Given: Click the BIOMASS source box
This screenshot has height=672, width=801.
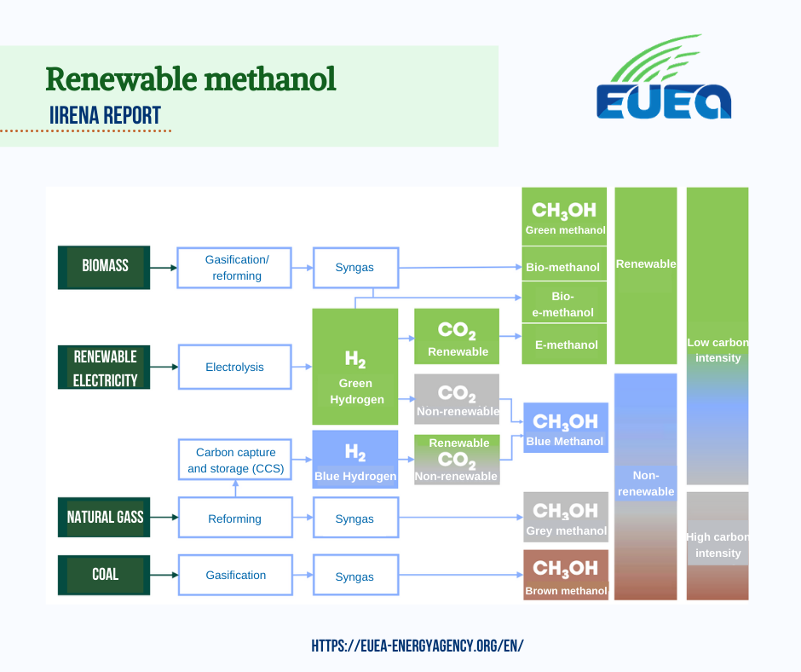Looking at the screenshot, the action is point(104,268).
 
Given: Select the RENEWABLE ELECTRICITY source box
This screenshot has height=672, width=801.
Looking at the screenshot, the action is point(104,368).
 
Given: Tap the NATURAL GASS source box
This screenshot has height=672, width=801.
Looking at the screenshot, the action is point(104,517).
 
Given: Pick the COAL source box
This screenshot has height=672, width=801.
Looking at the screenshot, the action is point(104,575).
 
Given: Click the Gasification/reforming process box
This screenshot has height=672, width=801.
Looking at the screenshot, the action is point(234,268).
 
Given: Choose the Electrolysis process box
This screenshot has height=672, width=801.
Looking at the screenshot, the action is point(235,367).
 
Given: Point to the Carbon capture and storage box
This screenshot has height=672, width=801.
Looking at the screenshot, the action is point(235,460).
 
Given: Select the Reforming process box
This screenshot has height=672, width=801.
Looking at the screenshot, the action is point(235,517).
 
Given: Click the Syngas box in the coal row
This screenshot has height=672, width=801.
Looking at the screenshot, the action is point(356,576).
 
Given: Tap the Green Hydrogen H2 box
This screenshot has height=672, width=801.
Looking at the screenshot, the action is point(355,367).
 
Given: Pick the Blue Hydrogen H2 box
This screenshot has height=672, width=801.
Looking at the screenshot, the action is point(355,460).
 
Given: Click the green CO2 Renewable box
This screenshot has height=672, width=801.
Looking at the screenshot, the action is point(457,337).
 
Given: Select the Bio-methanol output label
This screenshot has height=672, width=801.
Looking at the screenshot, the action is point(564,267).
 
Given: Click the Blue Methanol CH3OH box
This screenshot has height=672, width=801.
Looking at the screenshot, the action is point(566,427).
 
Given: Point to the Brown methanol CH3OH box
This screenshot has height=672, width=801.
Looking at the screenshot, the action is point(566,575).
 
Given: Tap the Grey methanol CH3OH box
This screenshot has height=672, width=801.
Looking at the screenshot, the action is point(566,517).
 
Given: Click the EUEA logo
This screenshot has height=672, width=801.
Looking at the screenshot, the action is point(664,77).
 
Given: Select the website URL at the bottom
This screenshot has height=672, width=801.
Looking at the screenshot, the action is point(418,646).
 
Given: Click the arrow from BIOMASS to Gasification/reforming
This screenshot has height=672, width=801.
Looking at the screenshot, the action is point(164,268).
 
